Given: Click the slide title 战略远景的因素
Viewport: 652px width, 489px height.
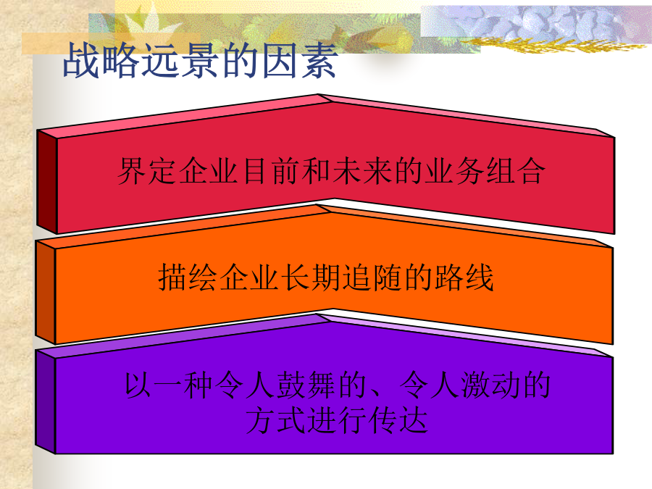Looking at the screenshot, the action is tap(200, 61).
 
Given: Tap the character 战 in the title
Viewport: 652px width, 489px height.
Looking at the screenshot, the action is tap(81, 61).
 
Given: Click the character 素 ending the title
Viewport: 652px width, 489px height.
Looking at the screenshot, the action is tap(319, 61).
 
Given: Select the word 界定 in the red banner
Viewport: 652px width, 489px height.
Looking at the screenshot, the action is tap(147, 170).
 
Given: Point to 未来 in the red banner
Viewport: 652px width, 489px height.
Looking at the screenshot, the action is tap(362, 170).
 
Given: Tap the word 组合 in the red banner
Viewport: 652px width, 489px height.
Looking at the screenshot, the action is tap(516, 170).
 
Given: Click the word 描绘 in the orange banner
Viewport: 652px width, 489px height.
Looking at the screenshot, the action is tap(188, 277).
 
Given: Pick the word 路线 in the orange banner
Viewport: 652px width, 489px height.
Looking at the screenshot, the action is tap(464, 277).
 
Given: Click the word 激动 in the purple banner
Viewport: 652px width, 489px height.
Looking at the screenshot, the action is tap(490, 385).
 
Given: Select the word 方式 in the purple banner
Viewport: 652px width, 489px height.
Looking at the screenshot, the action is tap(276, 420).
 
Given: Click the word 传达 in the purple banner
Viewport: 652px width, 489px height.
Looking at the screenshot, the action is tap(398, 420).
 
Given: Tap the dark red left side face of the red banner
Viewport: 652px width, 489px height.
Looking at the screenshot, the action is tap(46, 182).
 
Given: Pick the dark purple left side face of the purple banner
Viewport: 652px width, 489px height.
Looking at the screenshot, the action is tap(46, 402).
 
